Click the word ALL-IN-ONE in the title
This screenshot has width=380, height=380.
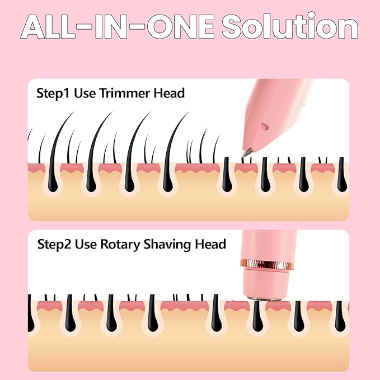118,27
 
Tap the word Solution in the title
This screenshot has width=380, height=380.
290,26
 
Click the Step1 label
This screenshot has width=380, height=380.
53,94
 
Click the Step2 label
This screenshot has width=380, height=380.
54,245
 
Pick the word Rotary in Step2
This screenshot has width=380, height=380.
120,245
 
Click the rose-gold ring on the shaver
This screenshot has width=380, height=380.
266,264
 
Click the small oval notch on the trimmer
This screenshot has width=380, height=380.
264,126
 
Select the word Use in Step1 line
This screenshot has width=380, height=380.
85,93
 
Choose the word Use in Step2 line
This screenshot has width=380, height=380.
86,244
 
